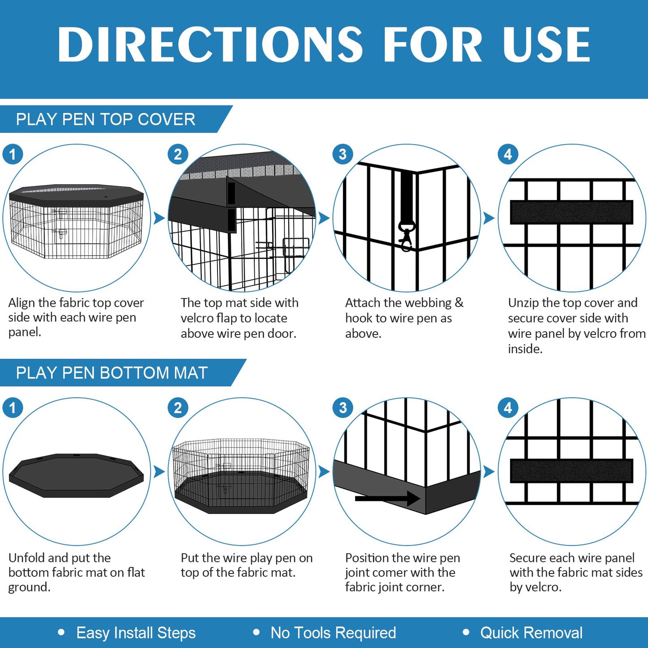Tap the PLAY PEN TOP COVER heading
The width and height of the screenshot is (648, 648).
(x=105, y=119)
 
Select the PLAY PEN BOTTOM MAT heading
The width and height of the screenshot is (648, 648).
(x=112, y=373)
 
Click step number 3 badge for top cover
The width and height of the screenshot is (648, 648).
(x=343, y=154)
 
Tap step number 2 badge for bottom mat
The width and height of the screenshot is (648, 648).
(x=178, y=408)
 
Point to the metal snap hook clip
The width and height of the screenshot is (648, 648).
(x=406, y=235)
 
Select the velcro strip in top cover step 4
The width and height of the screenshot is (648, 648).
(x=571, y=212)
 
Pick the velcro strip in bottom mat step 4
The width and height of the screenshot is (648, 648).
(x=571, y=471)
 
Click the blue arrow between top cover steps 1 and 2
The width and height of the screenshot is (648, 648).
(x=159, y=218)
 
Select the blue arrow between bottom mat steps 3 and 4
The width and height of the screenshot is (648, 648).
(x=489, y=472)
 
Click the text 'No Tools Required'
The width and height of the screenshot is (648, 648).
(x=333, y=633)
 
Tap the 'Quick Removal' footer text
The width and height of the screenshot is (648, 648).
(x=531, y=633)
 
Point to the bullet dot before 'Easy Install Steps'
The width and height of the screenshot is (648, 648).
(x=61, y=632)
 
